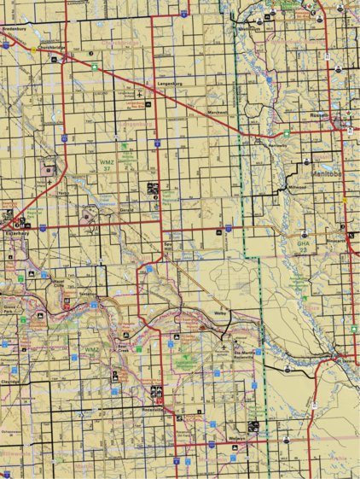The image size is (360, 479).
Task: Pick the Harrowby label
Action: pos(278,144)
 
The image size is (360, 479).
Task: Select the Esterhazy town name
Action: pos(18,231)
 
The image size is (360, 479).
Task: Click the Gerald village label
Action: pos(127,207)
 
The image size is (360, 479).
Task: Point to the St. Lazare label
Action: pos(345,360)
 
